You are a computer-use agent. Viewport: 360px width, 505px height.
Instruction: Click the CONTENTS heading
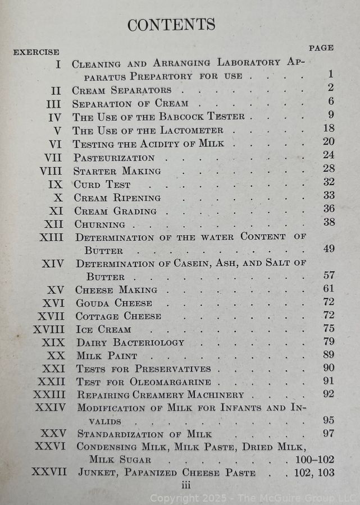pyautogui.click(x=171, y=25)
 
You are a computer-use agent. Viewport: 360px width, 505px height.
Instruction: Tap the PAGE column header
pyautogui.click(x=321, y=48)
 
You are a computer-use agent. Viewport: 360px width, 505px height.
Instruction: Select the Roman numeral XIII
pyautogui.click(x=52, y=237)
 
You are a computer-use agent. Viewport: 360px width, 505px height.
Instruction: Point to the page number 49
pyautogui.click(x=328, y=249)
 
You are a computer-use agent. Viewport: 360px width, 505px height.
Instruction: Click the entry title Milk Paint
pyautogui.click(x=106, y=356)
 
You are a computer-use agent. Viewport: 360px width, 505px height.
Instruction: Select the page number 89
pyautogui.click(x=328, y=355)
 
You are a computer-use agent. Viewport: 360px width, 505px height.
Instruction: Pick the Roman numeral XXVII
pyautogui.click(x=49, y=472)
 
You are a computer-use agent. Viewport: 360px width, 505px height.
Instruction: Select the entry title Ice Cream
pyautogui.click(x=103, y=329)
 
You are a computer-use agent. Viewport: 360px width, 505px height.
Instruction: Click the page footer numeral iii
pyautogui.click(x=186, y=484)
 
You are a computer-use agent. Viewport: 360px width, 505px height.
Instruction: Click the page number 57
pyautogui.click(x=328, y=275)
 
